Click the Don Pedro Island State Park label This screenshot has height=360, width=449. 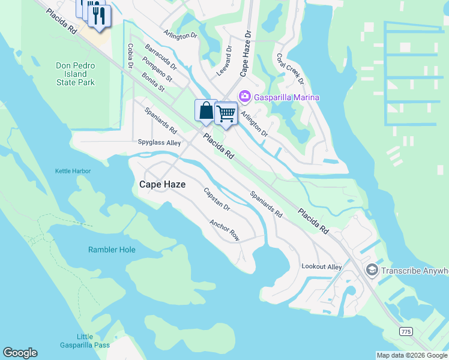coord(76,74)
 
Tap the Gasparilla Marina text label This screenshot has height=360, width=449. coord(286,97)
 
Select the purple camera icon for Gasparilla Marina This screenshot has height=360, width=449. coord(244,96)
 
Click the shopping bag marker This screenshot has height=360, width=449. coord(206,111)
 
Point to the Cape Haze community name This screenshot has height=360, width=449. coord(162,185)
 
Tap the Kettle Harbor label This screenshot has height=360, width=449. coord(73,171)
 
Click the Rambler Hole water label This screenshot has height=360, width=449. coord(112,250)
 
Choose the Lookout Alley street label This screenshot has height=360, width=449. coord(321,266)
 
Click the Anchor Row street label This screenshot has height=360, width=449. coord(224,230)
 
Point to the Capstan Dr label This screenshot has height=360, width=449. coord(217,199)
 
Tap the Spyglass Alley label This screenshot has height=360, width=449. coord(159,143)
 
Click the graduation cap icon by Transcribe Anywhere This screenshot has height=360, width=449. coord(372,271)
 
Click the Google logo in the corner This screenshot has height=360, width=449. coord(20,353)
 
